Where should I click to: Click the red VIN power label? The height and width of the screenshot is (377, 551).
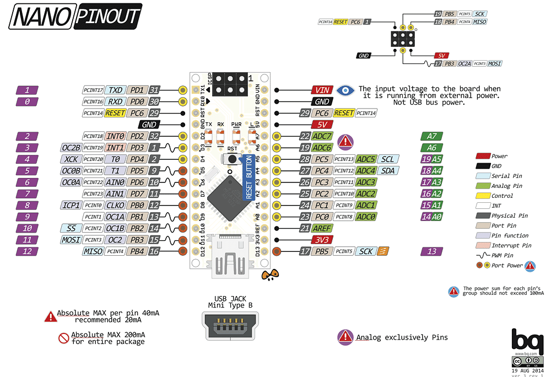[321, 90]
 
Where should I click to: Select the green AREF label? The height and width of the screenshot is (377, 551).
[322, 228]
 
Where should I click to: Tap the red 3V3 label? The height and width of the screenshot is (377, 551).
[322, 240]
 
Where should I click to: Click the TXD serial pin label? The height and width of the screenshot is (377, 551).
[115, 90]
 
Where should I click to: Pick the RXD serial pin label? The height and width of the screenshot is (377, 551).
[115, 101]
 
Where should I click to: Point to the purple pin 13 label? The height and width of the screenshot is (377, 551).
[431, 251]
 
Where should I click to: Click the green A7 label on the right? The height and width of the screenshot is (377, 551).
[431, 136]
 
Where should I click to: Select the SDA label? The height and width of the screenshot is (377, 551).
[387, 171]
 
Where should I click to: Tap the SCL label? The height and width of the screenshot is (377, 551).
[387, 159]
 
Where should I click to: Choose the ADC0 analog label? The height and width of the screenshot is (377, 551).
[366, 217]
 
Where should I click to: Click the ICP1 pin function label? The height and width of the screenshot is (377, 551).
[71, 205]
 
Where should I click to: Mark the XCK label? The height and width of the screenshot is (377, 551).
[71, 159]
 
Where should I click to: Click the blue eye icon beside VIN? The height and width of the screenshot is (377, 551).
[345, 90]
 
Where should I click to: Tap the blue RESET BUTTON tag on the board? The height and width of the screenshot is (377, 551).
[249, 180]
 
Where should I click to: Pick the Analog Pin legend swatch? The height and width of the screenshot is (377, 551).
[483, 186]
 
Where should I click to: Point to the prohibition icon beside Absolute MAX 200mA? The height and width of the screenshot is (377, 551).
[64, 338]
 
